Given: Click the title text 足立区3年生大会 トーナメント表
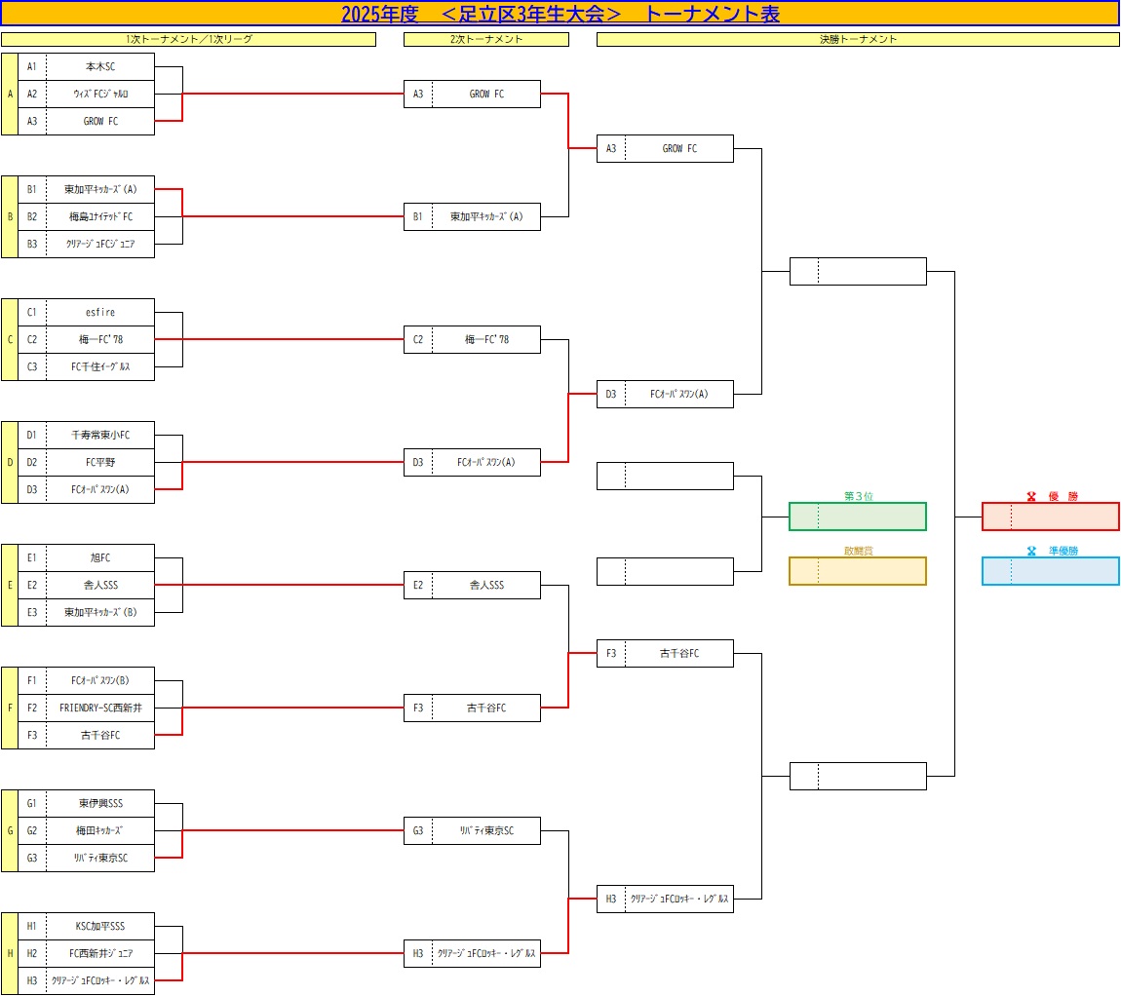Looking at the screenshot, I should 560,14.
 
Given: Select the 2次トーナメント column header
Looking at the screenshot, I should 485,40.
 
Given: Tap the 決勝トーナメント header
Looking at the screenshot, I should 858,40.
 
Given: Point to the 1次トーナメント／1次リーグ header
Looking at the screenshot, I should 188,40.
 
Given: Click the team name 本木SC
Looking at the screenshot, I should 100,67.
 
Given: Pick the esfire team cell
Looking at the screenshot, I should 100,313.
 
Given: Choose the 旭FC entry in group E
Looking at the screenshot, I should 100,558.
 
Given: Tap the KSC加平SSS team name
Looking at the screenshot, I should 100,927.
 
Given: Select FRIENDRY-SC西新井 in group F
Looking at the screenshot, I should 100,708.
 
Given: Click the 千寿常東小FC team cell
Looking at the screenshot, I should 100,436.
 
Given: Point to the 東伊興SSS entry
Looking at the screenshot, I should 100,804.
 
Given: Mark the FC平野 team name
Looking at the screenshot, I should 100,463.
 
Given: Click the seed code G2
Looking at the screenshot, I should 32,831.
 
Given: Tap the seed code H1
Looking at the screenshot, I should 32,927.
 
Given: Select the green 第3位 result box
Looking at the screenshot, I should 857,517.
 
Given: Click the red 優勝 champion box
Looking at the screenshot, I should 1050,517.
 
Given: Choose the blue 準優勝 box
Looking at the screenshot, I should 1050,571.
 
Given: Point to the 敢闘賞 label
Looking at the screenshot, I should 858,551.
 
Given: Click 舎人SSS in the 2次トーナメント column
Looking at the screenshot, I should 486,586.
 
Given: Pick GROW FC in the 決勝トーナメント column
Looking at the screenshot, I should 679,149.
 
